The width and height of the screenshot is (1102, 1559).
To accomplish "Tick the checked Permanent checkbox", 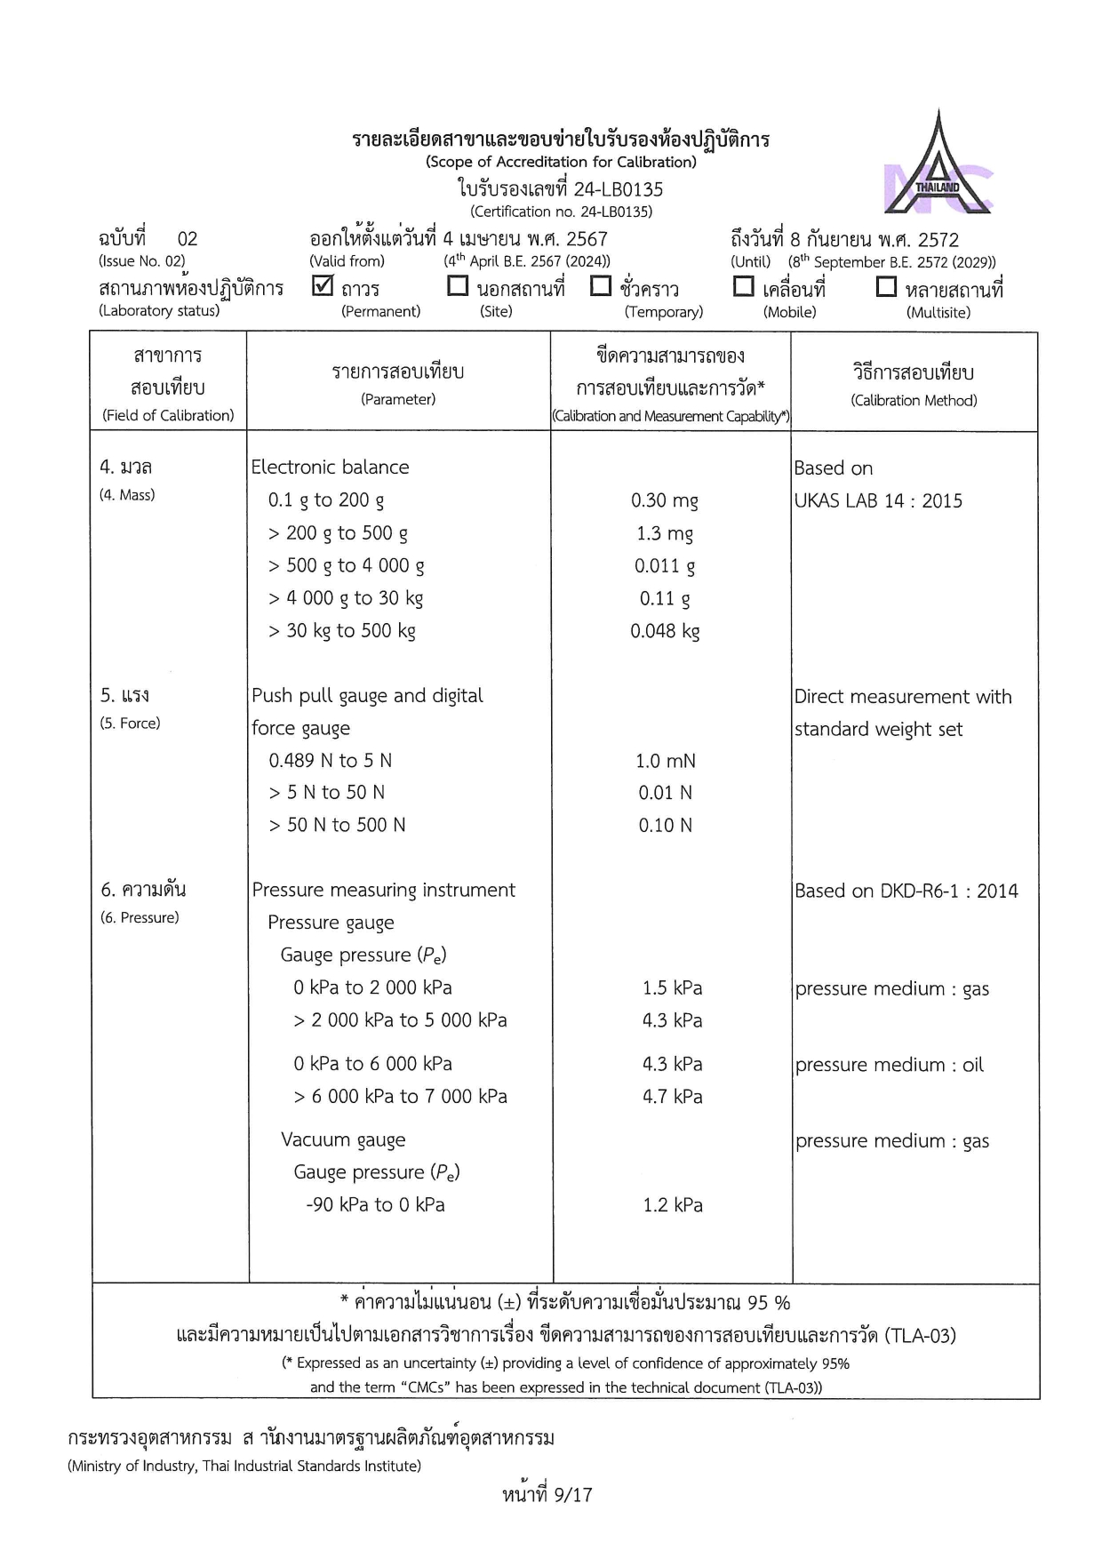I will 323,286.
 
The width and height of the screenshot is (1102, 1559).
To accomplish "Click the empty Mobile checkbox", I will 743,286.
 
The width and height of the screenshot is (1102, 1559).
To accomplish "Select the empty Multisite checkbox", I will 886,286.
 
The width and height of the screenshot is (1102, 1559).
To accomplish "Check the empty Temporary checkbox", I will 601,286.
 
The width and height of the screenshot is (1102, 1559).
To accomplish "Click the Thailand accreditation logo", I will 938,164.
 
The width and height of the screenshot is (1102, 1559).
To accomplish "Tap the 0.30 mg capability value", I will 665,500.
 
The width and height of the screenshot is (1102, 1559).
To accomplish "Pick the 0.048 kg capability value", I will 665,631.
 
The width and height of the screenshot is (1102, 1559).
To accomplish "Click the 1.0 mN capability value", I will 665,761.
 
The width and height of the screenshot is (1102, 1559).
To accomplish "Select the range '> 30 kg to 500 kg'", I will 342,631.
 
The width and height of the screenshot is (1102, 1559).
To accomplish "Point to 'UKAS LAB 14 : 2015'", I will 878,501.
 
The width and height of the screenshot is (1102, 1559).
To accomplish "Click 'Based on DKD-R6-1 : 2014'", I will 906,891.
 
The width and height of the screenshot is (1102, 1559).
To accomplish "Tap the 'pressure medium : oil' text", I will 890,1065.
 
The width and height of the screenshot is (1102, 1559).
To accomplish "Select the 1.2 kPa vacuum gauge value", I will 673,1205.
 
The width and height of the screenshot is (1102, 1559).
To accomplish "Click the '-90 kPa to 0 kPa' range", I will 375,1204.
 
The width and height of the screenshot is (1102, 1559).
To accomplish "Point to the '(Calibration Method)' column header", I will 914,401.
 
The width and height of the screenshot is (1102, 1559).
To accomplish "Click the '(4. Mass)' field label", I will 127,495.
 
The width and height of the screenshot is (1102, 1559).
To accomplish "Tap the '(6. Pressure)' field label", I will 140,917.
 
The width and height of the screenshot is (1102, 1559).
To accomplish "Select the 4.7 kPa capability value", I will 673,1097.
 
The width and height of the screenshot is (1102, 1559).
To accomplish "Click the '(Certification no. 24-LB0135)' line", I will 561,212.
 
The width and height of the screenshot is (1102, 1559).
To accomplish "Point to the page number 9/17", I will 547,1495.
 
